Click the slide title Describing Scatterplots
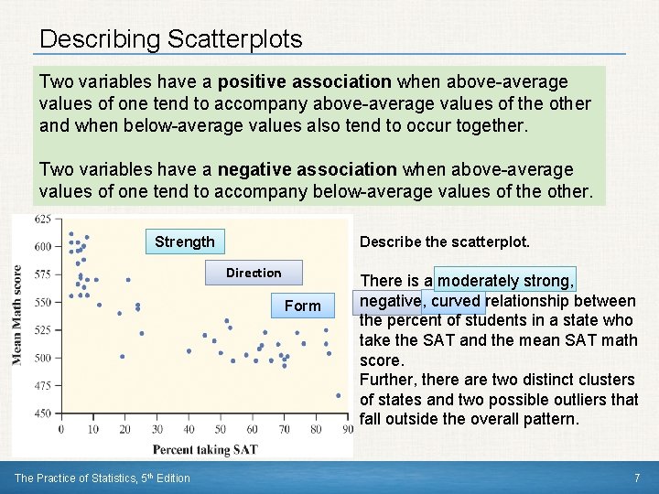tap(171, 39)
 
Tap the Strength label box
tap(185, 242)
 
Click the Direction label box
tap(254, 273)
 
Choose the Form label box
tap(302, 306)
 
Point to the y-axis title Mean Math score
tap(17, 316)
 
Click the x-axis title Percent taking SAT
tap(205, 449)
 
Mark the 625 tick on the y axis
tap(42, 220)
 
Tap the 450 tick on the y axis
tap(42, 413)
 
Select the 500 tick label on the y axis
tap(42, 358)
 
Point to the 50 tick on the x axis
tap(221, 429)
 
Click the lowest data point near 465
tap(338, 396)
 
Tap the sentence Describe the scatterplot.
tap(445, 242)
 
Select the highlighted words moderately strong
tap(506, 281)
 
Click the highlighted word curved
tap(456, 301)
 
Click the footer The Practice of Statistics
tap(103, 478)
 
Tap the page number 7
tap(636, 478)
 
